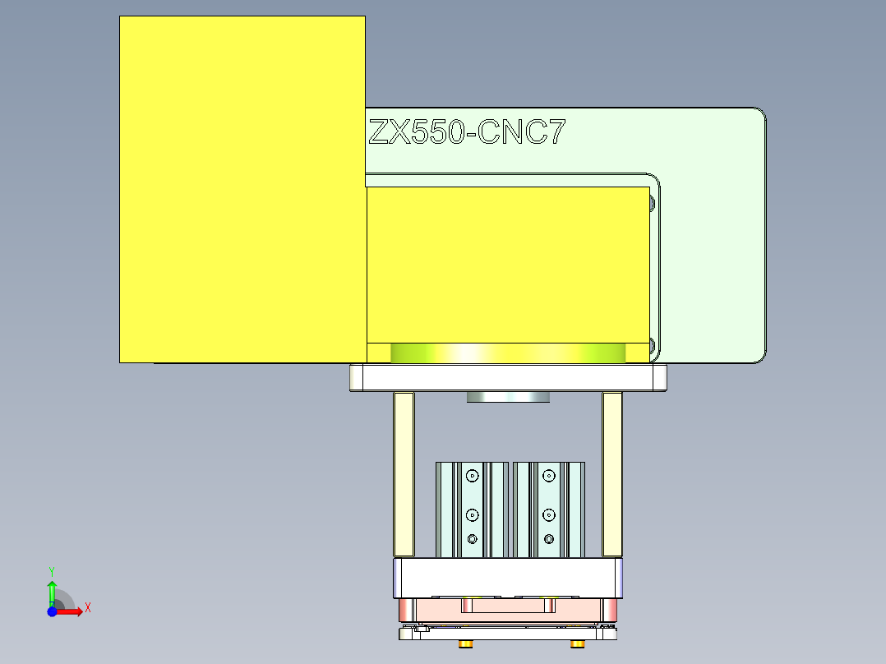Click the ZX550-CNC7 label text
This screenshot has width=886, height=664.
coord(466,132)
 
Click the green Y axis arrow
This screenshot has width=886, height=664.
coord(52,590)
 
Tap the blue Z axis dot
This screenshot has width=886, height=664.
coord(52,611)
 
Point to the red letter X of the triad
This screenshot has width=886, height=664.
coord(87,608)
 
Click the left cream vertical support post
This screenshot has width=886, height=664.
coord(404,474)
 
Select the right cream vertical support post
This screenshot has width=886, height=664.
coord(612,474)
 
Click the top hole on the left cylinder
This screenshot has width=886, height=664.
coord(472,476)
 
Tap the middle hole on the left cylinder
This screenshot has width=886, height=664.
coord(472,515)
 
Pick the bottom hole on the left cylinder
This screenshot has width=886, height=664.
coord(472,539)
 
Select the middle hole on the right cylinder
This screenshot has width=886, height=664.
coord(549,515)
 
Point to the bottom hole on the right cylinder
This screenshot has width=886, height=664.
coord(549,539)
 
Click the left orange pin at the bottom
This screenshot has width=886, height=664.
coord(466,643)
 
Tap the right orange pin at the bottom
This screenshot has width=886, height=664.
coord(578,643)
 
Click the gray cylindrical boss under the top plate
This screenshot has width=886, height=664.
coord(508,398)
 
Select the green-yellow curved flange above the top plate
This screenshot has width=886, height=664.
coord(508,353)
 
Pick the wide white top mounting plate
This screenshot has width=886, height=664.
coord(508,378)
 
